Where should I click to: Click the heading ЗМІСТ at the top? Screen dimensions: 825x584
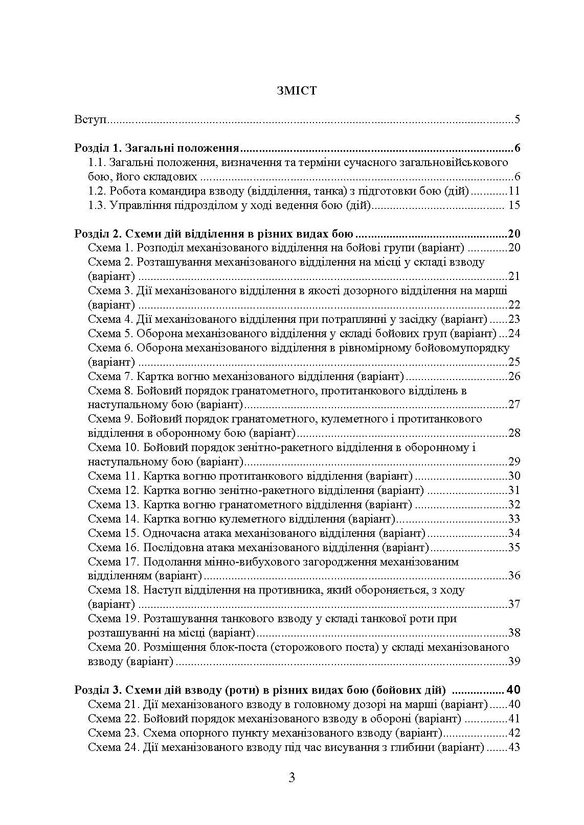pos(296,91)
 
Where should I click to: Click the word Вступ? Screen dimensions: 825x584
pos(89,121)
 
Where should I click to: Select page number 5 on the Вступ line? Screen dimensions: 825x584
pos(517,121)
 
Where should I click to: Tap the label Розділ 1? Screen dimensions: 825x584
pos(96,149)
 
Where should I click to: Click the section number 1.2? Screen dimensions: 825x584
pos(96,192)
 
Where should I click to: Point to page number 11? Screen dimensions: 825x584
pos(514,192)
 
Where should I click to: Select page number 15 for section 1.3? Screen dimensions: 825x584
pos(514,206)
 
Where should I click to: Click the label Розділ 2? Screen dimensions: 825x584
pos(96,234)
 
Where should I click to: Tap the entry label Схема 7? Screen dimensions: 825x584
pos(110,377)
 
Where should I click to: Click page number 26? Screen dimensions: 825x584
pos(514,377)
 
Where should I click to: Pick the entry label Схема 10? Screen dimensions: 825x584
pos(113,448)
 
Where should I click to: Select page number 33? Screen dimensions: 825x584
pos(514,520)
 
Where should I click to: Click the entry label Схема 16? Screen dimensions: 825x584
pos(113,548)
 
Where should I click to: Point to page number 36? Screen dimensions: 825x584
pos(514,576)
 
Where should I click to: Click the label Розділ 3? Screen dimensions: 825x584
pos(96,690)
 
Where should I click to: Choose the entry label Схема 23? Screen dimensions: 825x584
pos(113,734)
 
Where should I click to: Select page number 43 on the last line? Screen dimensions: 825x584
pos(514,748)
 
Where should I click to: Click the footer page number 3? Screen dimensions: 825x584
pos(291,778)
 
